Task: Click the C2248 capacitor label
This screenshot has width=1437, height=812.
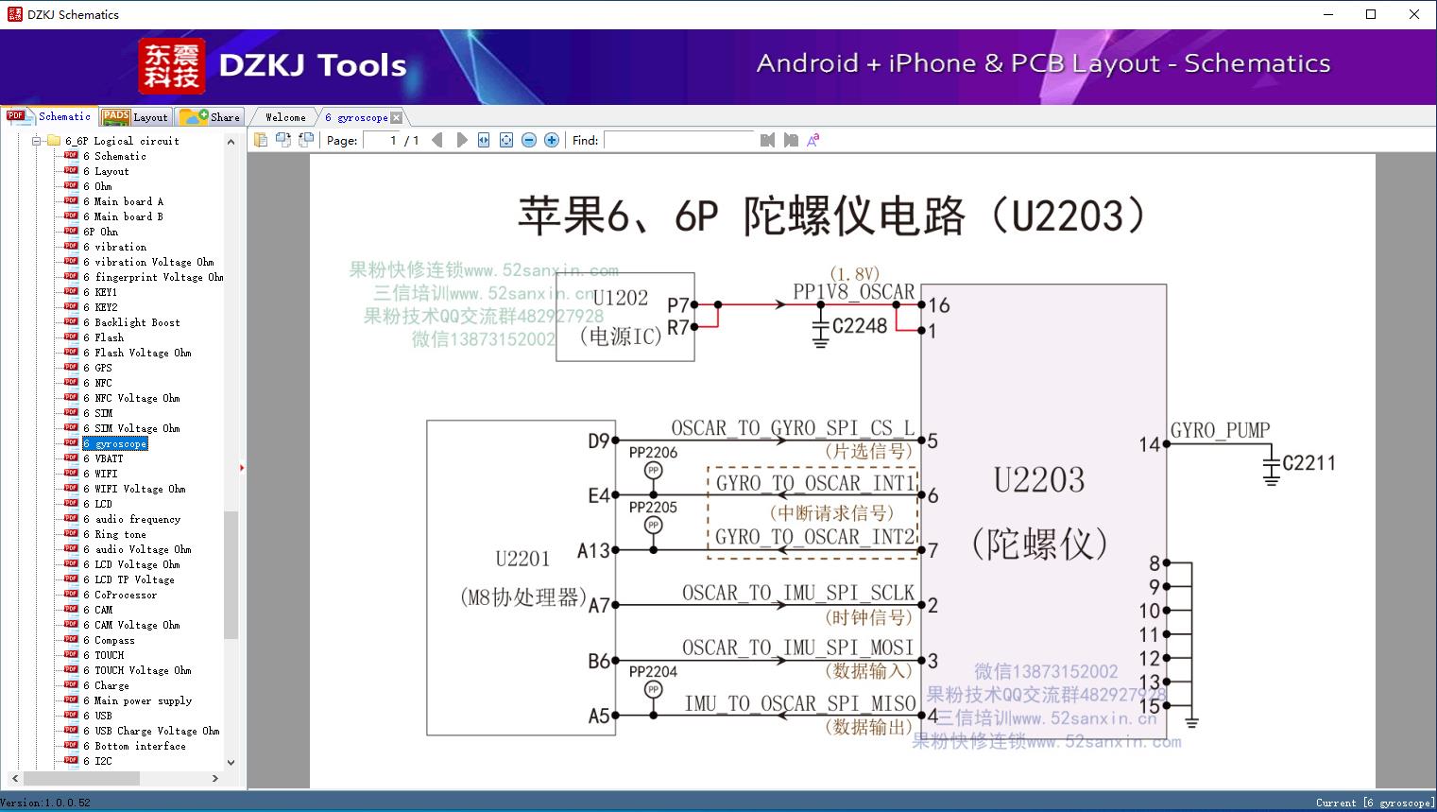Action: click(860, 326)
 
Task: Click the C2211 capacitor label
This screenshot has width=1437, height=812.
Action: click(1309, 463)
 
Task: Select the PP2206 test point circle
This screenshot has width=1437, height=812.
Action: click(653, 471)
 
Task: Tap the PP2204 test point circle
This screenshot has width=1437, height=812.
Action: click(653, 690)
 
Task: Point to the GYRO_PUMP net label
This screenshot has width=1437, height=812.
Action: click(1220, 431)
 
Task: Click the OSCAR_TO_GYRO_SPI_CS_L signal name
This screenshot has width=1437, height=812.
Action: click(793, 428)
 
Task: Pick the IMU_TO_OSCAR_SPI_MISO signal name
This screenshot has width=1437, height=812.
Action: click(800, 704)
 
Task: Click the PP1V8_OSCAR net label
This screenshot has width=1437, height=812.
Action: click(854, 292)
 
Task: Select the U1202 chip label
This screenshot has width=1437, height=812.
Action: click(621, 299)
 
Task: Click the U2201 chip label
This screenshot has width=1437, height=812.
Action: click(522, 559)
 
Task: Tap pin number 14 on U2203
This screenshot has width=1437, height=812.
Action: click(1149, 444)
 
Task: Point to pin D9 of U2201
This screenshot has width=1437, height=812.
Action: click(598, 441)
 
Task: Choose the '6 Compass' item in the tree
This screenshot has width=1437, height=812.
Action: click(114, 640)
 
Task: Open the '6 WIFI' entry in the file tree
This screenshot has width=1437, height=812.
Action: click(106, 474)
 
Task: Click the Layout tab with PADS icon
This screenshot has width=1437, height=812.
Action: click(134, 117)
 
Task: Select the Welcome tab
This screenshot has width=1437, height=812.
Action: click(285, 117)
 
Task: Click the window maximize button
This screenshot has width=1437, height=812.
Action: click(1371, 14)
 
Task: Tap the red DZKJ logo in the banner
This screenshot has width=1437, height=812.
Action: click(172, 66)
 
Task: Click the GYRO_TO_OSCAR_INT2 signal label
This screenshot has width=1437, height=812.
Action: click(814, 537)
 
